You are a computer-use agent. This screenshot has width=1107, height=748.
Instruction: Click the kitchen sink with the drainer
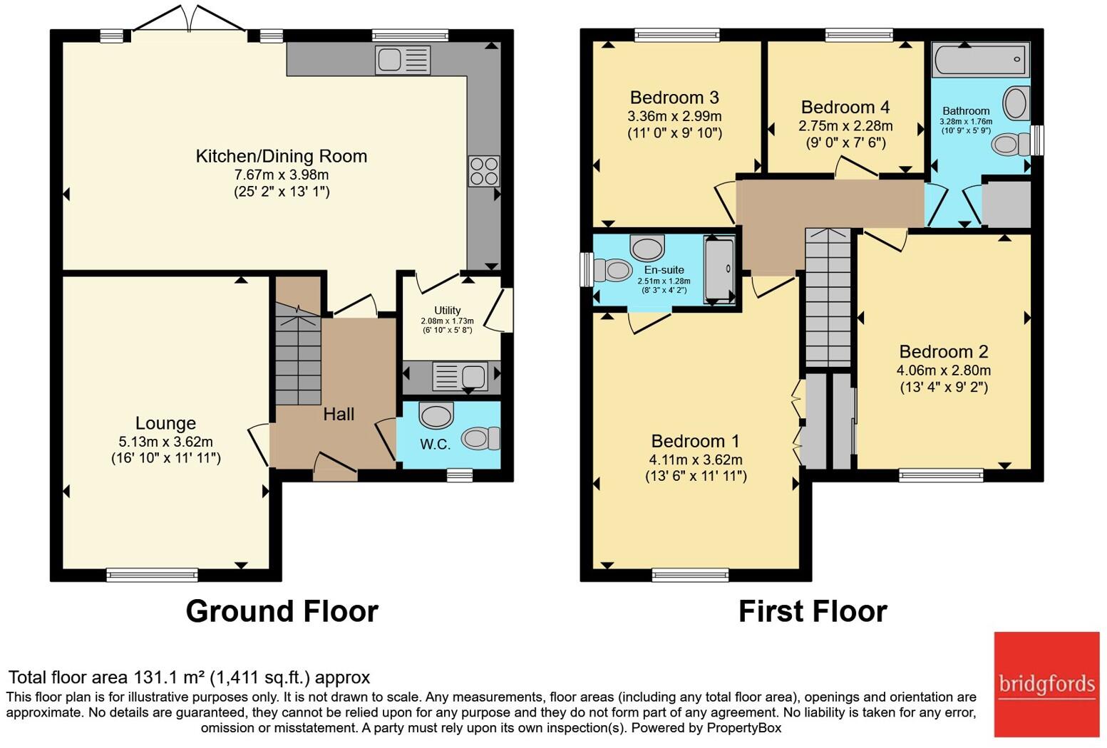click(403, 60)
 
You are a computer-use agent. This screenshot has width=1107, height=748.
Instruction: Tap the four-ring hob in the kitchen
click(484, 171)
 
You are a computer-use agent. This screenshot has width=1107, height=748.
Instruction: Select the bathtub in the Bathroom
click(981, 59)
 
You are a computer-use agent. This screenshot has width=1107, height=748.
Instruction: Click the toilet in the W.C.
click(480, 438)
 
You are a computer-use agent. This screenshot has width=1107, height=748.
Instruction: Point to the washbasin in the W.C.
click(436, 414)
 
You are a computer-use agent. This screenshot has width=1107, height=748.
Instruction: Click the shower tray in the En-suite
click(719, 269)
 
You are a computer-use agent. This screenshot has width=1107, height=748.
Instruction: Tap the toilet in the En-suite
click(613, 270)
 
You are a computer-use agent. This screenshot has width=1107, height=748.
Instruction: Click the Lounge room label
click(165, 423)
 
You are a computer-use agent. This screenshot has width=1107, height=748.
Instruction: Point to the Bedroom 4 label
click(845, 107)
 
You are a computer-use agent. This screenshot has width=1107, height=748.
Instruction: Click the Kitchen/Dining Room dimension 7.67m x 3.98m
click(281, 175)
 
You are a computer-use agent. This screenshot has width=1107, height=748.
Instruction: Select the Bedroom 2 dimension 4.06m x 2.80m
click(944, 370)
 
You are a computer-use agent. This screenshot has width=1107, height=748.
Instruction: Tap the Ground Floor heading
click(282, 611)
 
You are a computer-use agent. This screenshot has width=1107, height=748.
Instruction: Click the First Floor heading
click(813, 611)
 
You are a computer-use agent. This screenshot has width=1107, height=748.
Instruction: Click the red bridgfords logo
click(1046, 685)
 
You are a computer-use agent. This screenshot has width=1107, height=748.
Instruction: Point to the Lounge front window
click(153, 575)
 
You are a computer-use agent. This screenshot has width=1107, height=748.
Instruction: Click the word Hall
click(339, 414)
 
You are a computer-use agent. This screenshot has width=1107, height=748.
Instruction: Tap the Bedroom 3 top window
click(677, 34)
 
